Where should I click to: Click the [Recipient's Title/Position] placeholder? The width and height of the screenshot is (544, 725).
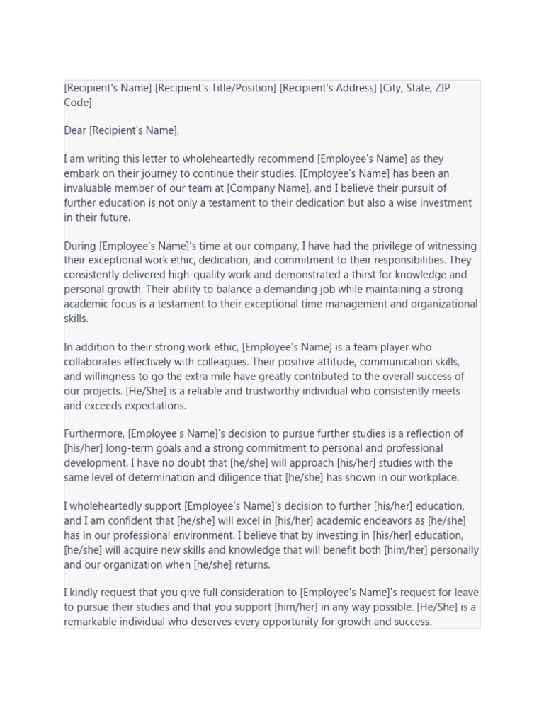[215, 88]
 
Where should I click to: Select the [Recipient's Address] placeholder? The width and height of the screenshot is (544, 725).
[328, 88]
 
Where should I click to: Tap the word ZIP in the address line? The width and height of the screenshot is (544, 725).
[441, 88]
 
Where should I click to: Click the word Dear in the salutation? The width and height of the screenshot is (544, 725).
[75, 130]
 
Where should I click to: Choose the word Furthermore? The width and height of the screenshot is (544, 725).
[94, 434]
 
